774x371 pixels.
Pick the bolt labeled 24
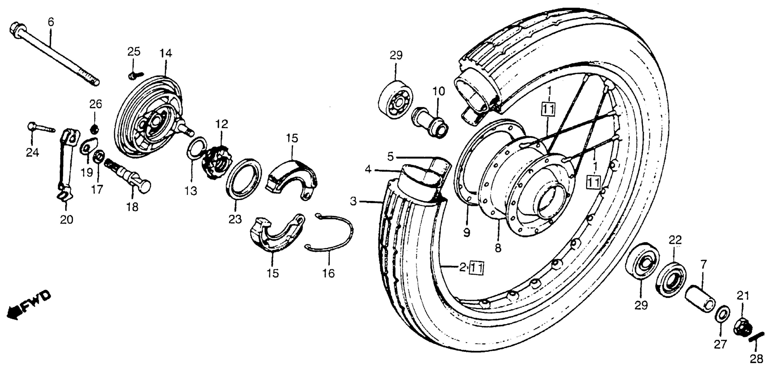41,128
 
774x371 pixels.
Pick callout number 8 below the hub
498,248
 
